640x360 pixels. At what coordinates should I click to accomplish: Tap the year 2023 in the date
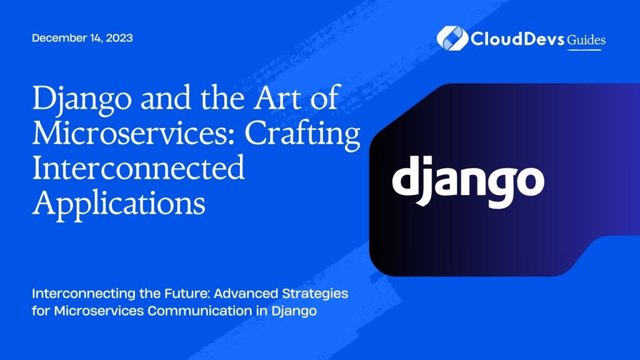(119, 38)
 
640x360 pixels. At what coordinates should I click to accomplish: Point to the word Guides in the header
(586, 40)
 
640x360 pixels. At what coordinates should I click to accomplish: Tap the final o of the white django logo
(529, 180)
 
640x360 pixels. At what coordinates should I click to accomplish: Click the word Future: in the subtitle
(164, 292)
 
